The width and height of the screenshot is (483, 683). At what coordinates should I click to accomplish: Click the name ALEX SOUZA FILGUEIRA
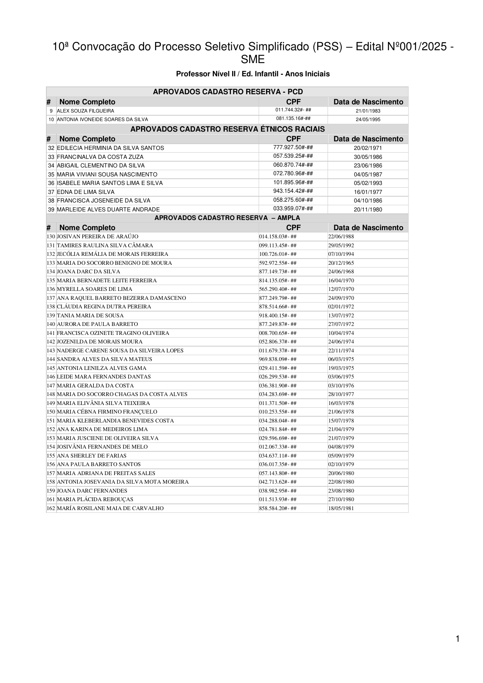click(86, 111)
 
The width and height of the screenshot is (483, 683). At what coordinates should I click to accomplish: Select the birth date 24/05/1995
click(368, 120)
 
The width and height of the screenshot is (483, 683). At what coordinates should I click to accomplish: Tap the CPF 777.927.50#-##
click(293, 148)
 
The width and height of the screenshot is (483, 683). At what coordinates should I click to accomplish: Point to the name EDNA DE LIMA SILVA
click(86, 192)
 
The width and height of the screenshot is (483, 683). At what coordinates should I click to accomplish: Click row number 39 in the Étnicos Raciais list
click(51, 209)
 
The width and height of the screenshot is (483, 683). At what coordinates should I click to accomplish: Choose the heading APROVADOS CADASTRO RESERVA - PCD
click(227, 92)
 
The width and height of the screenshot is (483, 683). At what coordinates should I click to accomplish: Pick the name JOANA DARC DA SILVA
click(88, 272)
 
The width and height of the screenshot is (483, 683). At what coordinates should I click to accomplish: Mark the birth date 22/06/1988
click(341, 237)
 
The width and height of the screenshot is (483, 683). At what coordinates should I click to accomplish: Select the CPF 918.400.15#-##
click(278, 316)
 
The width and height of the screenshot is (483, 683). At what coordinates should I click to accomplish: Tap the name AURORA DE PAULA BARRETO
click(97, 324)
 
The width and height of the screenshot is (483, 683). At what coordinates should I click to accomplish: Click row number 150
click(51, 412)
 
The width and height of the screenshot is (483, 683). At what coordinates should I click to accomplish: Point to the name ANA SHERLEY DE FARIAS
click(92, 456)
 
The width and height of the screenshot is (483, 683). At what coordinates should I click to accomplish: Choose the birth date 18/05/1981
click(341, 508)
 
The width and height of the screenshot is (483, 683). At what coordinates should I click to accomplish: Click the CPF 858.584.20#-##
click(278, 508)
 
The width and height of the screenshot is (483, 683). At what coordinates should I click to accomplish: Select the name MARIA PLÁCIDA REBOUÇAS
click(95, 500)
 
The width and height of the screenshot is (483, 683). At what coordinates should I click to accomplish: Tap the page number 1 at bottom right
click(458, 639)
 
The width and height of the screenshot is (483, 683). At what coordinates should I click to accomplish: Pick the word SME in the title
click(252, 60)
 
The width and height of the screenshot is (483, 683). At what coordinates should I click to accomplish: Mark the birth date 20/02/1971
click(368, 148)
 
